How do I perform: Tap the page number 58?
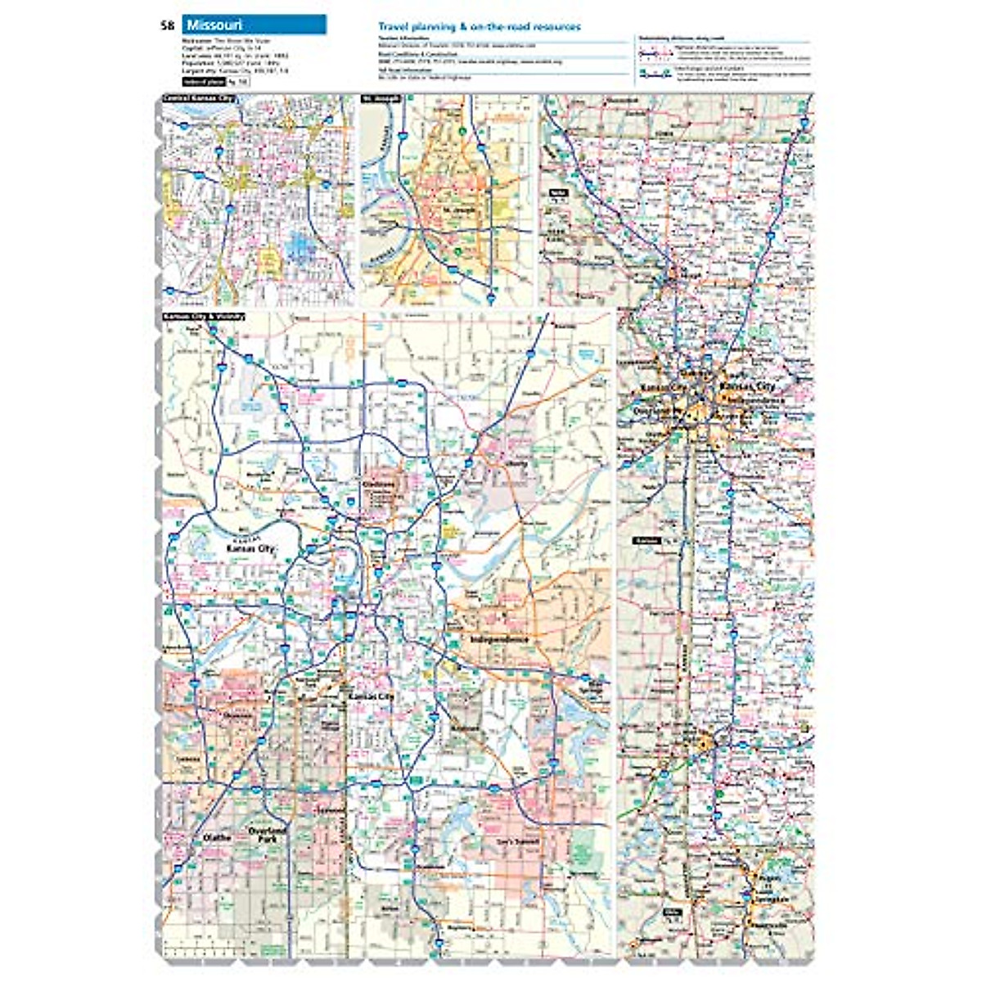pyautogui.click(x=168, y=25)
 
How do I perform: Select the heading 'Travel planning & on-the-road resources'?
pyautogui.click(x=480, y=27)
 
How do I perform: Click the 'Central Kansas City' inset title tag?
pyautogui.click(x=199, y=99)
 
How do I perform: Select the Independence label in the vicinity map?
pyautogui.click(x=500, y=639)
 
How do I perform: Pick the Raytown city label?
pyautogui.click(x=466, y=727)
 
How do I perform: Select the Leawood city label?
pyautogui.click(x=329, y=809)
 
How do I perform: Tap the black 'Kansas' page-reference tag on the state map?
pyautogui.click(x=646, y=541)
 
